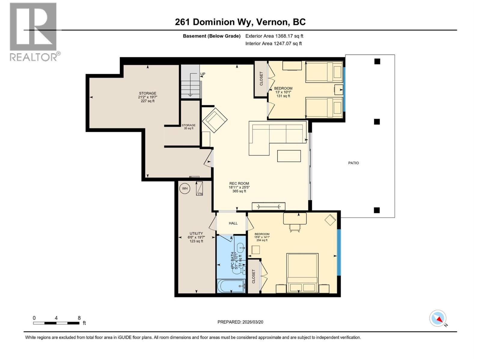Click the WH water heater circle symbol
click(185, 189)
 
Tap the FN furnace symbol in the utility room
click(200, 189)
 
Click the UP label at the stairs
click(203, 74)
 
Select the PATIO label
click(354, 163)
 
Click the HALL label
click(233, 223)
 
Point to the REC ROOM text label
click(239, 184)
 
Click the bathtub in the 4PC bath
click(231, 286)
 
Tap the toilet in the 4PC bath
click(237, 270)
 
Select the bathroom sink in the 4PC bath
click(240, 248)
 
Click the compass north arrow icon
click(438, 318)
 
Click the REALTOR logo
click(34, 32)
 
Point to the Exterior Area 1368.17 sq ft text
click(274, 36)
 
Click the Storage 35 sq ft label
click(188, 127)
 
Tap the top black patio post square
click(377, 62)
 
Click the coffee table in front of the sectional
click(289, 156)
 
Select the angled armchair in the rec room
click(215, 120)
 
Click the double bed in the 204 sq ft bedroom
click(302, 273)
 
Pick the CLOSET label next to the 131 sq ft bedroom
click(261, 79)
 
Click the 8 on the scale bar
click(79, 318)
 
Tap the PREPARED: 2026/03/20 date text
click(240, 322)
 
